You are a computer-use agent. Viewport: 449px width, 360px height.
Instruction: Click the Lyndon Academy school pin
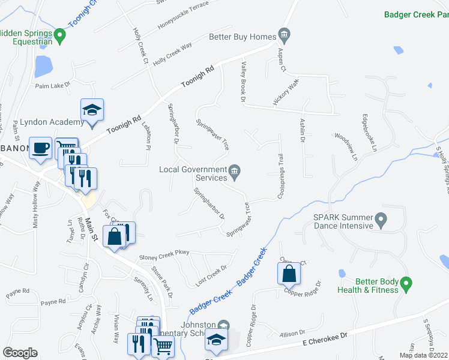click(x=92, y=110)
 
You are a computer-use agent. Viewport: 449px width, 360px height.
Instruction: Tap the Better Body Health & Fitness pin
click(x=406, y=283)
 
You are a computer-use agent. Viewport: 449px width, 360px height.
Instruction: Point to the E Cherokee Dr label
click(x=325, y=341)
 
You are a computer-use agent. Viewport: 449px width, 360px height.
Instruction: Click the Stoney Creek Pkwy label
click(x=164, y=257)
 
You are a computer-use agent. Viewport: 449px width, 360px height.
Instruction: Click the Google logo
click(x=20, y=353)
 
